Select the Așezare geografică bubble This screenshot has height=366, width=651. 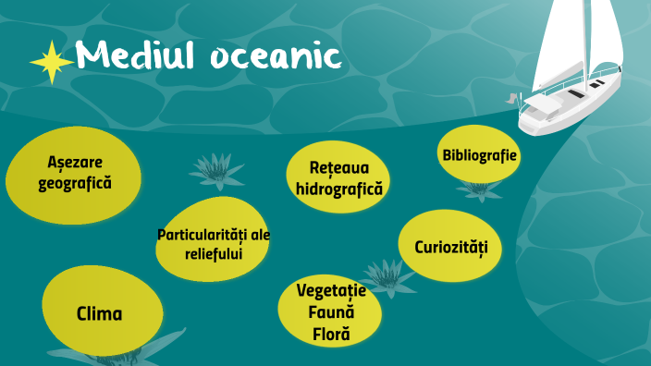click(74, 173)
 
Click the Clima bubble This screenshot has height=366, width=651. click(98, 313)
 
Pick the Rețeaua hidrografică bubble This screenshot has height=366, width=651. click(338, 177)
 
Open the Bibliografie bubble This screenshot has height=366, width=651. click(478, 153)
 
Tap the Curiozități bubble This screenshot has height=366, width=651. click(449, 247)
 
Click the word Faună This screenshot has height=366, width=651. click(331, 312)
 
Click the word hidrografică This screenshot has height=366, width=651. click(338, 188)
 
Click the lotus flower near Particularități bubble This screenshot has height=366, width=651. click(216, 171)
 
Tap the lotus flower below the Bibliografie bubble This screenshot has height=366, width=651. click(479, 190)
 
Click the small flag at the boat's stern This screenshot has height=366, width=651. click(511, 97)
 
